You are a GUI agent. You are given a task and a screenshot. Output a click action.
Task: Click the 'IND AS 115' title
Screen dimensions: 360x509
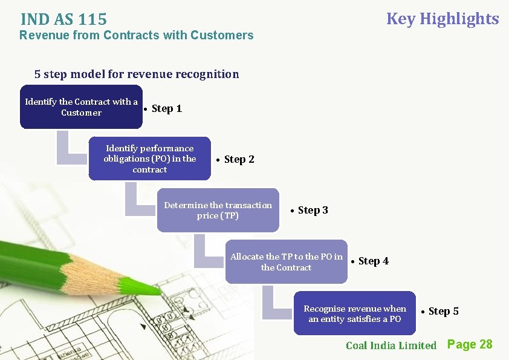click(63, 20)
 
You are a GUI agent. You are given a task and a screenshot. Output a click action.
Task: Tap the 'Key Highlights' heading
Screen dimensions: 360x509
click(443, 19)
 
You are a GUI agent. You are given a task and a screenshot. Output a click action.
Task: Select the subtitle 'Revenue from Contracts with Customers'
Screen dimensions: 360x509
click(137, 35)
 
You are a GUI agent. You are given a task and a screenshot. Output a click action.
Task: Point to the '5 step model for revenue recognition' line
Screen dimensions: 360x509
click(137, 74)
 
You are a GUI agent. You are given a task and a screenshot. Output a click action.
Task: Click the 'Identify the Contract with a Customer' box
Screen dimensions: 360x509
click(81, 108)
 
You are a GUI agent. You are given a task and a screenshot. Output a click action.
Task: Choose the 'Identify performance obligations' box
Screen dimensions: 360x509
click(150, 159)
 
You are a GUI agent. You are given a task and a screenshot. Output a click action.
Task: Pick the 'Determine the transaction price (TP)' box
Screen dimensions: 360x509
click(218, 210)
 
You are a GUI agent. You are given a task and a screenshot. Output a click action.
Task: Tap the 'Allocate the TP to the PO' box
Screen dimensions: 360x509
click(287, 261)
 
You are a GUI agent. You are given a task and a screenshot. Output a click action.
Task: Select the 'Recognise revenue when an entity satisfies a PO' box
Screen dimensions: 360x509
click(355, 313)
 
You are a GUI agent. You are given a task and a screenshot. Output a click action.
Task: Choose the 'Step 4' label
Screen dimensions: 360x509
click(373, 261)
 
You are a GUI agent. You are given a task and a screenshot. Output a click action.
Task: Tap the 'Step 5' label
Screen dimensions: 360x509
click(443, 312)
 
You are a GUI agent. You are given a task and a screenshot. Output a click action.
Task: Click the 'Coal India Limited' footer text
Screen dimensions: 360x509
click(391, 345)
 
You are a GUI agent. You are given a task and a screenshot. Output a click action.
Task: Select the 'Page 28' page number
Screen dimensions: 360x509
click(470, 344)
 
